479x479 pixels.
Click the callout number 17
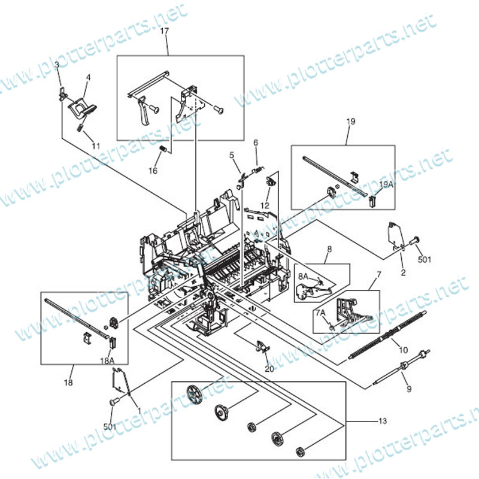(x=164, y=32)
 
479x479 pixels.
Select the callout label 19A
(x=386, y=184)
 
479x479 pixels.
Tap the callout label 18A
(x=107, y=361)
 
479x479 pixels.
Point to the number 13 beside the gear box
(x=383, y=421)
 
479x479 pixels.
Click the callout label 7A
(x=320, y=313)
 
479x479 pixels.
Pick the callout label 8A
(x=304, y=277)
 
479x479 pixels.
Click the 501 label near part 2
(x=425, y=260)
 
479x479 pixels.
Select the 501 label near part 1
(x=110, y=426)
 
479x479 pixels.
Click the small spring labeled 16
(x=163, y=149)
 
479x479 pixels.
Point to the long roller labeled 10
(x=387, y=334)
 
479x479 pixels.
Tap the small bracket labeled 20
(x=262, y=347)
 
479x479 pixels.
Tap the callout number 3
(x=57, y=65)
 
